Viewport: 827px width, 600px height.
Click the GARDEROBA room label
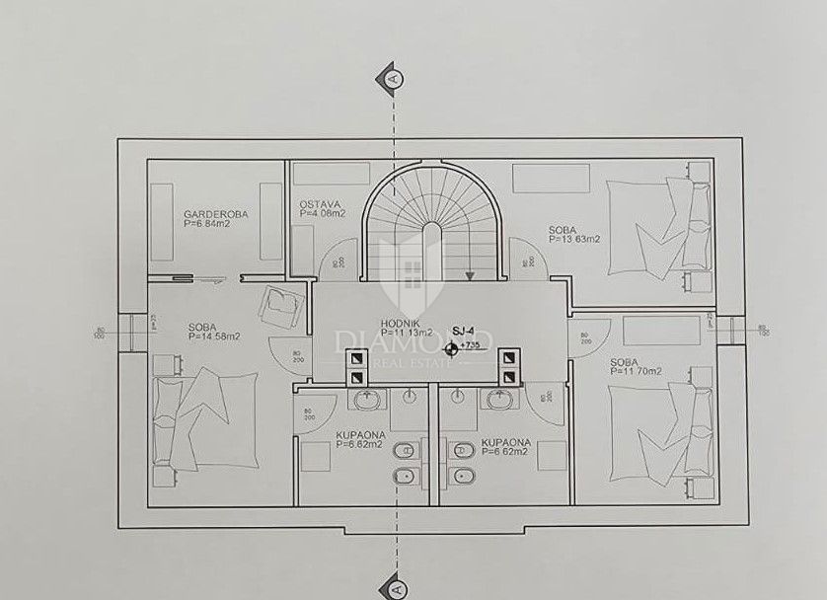215,213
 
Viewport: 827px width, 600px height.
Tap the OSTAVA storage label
319,204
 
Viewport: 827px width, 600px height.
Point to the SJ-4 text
464,332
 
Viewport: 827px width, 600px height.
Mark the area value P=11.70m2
635,371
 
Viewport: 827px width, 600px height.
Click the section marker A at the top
394,76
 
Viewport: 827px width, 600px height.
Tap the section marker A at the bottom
394,586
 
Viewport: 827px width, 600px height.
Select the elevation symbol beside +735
452,346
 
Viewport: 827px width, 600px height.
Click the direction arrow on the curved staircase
470,276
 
